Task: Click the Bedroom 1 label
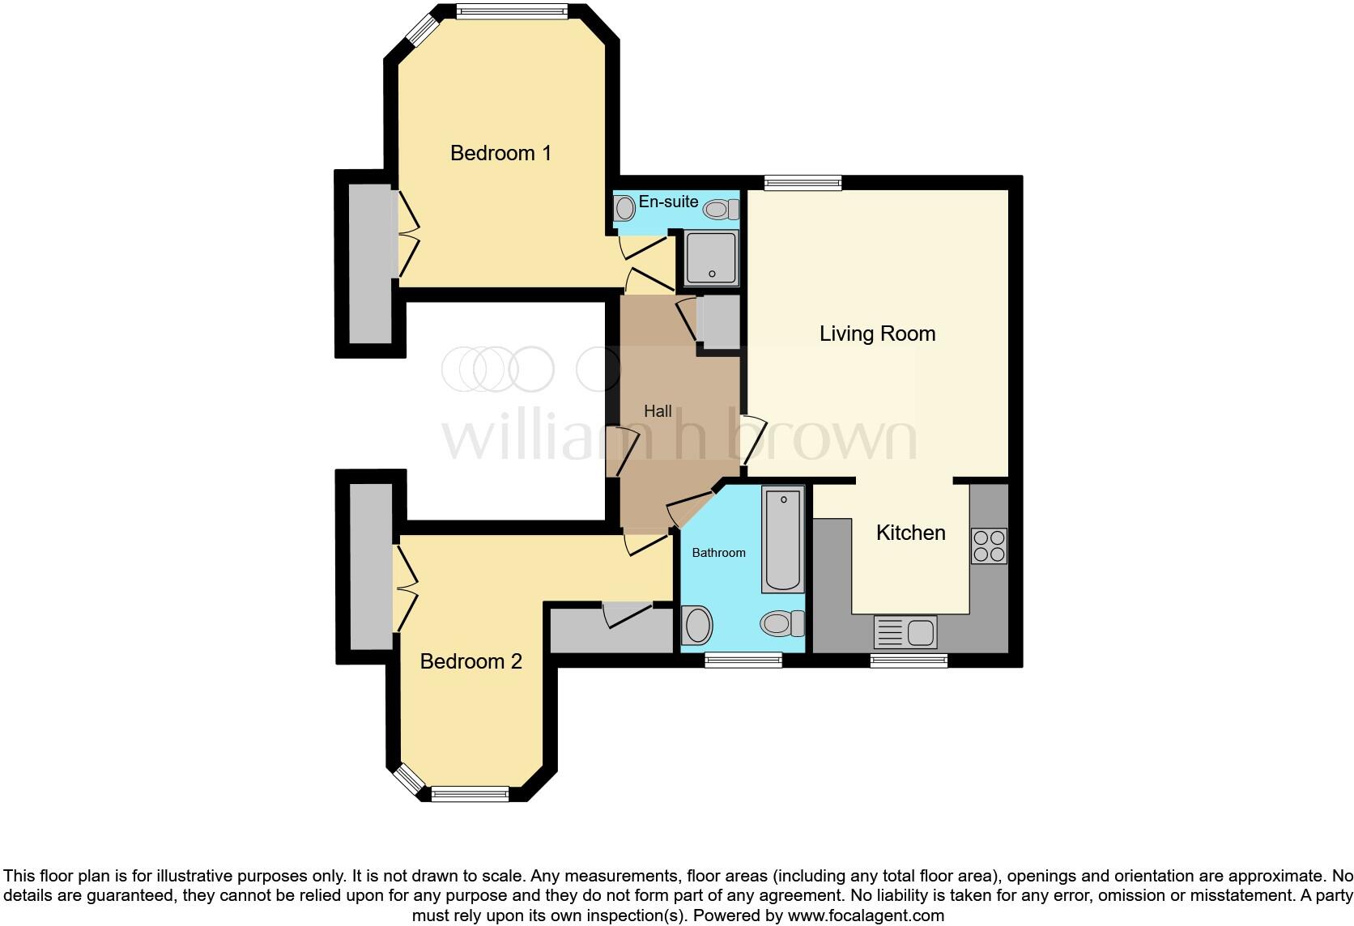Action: tap(500, 153)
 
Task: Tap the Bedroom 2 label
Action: tap(470, 661)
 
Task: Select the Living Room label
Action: tap(877, 333)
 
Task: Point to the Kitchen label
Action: tap(910, 533)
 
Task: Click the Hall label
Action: tap(658, 411)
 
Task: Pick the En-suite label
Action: tap(668, 202)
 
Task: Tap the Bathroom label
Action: tap(718, 553)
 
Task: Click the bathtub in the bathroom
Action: tap(783, 538)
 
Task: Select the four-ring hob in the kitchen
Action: tap(989, 546)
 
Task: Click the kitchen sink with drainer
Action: tap(905, 631)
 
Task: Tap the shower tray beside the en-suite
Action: tap(712, 258)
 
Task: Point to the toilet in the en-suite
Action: tap(720, 210)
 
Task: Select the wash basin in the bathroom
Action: tap(696, 626)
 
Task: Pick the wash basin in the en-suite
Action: tap(624, 208)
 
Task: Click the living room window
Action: tap(803, 183)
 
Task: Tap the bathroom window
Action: tap(743, 661)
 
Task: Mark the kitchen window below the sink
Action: tap(909, 661)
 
